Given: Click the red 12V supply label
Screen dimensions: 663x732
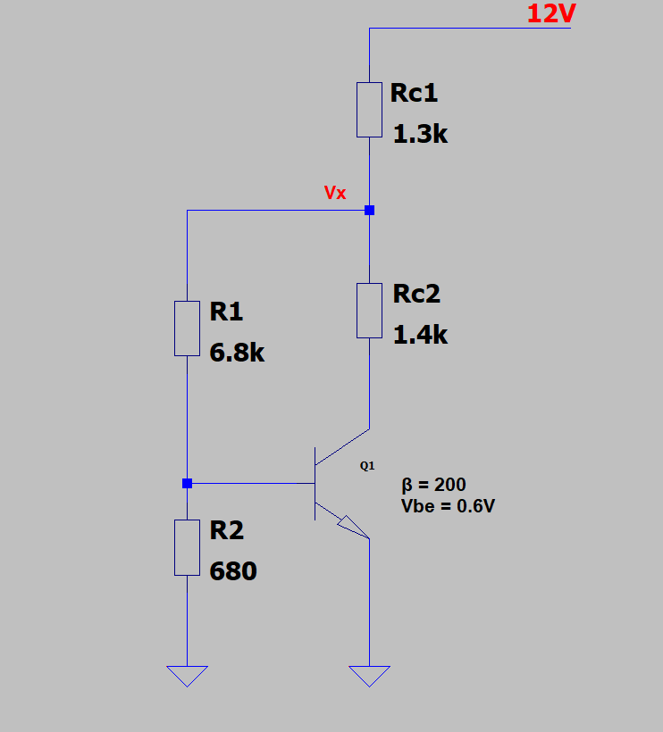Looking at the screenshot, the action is point(551,13).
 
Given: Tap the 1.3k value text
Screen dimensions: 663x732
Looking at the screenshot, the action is point(420,134).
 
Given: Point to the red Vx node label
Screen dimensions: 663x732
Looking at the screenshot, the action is point(335,193).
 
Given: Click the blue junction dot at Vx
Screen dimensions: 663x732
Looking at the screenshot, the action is point(369,210).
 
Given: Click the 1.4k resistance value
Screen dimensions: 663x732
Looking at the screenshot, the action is point(420,335).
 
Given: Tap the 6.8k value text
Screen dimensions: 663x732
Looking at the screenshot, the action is point(237,353).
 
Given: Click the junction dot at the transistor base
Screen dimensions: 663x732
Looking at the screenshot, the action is point(187,483).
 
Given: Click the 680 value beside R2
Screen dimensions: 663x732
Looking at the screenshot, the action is point(233,571).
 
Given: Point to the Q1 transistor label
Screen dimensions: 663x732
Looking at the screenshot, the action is point(367,465).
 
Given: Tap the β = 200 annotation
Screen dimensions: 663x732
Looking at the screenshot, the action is point(433,485).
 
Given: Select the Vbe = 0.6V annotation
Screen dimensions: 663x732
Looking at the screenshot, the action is point(448,506).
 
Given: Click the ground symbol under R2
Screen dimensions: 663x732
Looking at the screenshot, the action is point(187,676).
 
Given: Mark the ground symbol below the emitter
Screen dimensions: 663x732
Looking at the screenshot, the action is point(369,676).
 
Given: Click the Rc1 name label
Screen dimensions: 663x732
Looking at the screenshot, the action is point(414,93).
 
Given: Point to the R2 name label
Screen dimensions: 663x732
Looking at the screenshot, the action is point(227,530).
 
